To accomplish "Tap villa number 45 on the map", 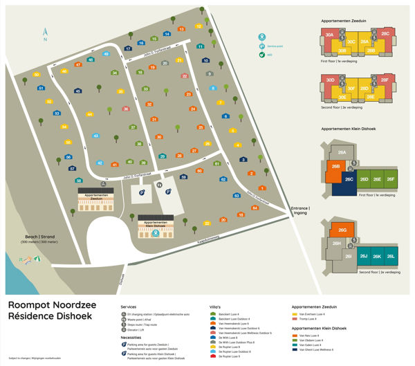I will pos(77,91).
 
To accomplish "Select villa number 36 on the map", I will pos(125,109).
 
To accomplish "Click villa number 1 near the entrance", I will pos(262,188).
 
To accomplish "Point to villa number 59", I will pos(184,178).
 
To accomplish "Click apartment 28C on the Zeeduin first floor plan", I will pos(385,34).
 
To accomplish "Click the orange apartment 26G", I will pos(342,230).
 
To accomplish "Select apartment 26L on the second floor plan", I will pos(391,257).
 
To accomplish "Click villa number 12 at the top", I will pos(199,26).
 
